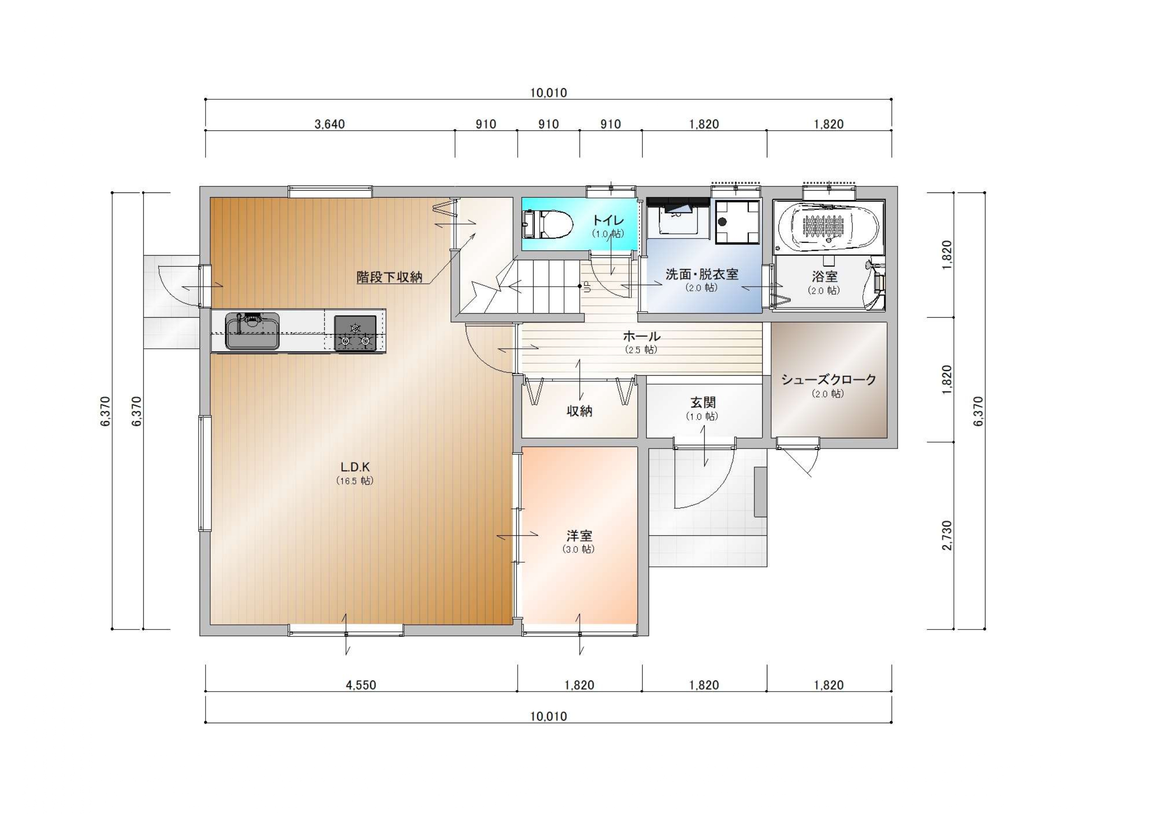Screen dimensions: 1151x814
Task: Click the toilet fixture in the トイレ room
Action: pyautogui.click(x=547, y=224)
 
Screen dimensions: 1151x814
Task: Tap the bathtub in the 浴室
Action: pyautogui.click(x=828, y=226)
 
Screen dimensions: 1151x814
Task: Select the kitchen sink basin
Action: pyautogui.click(x=252, y=331)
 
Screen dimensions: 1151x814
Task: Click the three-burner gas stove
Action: pyautogui.click(x=355, y=333)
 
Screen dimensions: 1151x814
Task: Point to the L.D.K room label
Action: pyautogui.click(x=355, y=467)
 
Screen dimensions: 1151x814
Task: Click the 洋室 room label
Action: pyautogui.click(x=579, y=536)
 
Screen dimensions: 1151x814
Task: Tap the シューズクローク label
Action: pyautogui.click(x=828, y=379)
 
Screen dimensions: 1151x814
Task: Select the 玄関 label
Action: pyautogui.click(x=703, y=403)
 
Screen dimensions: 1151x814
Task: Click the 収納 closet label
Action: pyautogui.click(x=579, y=411)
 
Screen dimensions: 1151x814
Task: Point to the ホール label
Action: pyautogui.click(x=641, y=336)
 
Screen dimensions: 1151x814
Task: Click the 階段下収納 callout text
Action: pyautogui.click(x=390, y=277)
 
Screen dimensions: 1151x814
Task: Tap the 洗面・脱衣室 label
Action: pyautogui.click(x=702, y=274)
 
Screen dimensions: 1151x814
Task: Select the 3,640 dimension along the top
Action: pyautogui.click(x=330, y=124)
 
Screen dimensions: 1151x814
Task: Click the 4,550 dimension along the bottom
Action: pyautogui.click(x=361, y=685)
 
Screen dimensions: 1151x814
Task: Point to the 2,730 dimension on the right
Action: pyautogui.click(x=946, y=536)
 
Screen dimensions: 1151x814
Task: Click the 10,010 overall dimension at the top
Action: pyautogui.click(x=548, y=93)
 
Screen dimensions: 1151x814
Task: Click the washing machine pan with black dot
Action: pyautogui.click(x=737, y=222)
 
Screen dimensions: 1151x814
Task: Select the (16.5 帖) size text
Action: pyautogui.click(x=355, y=481)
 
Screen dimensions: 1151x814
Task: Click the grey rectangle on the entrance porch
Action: pyautogui.click(x=760, y=492)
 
